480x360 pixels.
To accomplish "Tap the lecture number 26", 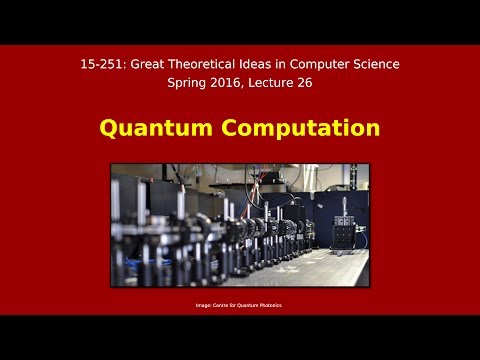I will point(311,84).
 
